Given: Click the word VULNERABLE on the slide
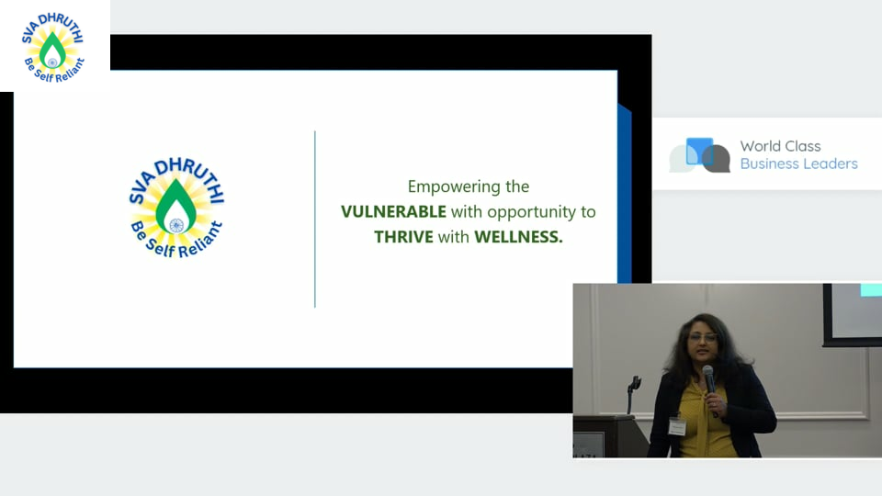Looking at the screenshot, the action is pyautogui.click(x=393, y=212).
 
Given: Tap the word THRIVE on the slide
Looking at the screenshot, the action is pyautogui.click(x=403, y=237).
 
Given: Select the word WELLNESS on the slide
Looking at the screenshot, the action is pyautogui.click(x=518, y=237).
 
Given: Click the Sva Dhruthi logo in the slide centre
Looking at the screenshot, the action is pyautogui.click(x=176, y=208).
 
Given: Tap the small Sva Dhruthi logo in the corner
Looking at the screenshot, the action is pyautogui.click(x=53, y=47).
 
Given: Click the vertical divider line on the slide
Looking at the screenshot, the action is pyautogui.click(x=315, y=220).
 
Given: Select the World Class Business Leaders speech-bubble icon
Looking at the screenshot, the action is pyautogui.click(x=700, y=155).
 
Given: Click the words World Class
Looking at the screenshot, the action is pyautogui.click(x=780, y=146).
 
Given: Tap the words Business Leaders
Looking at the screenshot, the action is pyautogui.click(x=798, y=163).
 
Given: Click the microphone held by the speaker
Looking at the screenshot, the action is pyautogui.click(x=710, y=388).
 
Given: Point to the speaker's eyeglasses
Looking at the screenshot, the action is pyautogui.click(x=703, y=337).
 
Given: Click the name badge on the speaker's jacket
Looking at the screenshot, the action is pyautogui.click(x=677, y=426).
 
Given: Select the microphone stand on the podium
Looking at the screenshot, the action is pyautogui.click(x=633, y=394).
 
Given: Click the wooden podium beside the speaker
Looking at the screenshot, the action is pyautogui.click(x=610, y=436).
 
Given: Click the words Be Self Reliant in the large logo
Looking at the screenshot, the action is pyautogui.click(x=176, y=241).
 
